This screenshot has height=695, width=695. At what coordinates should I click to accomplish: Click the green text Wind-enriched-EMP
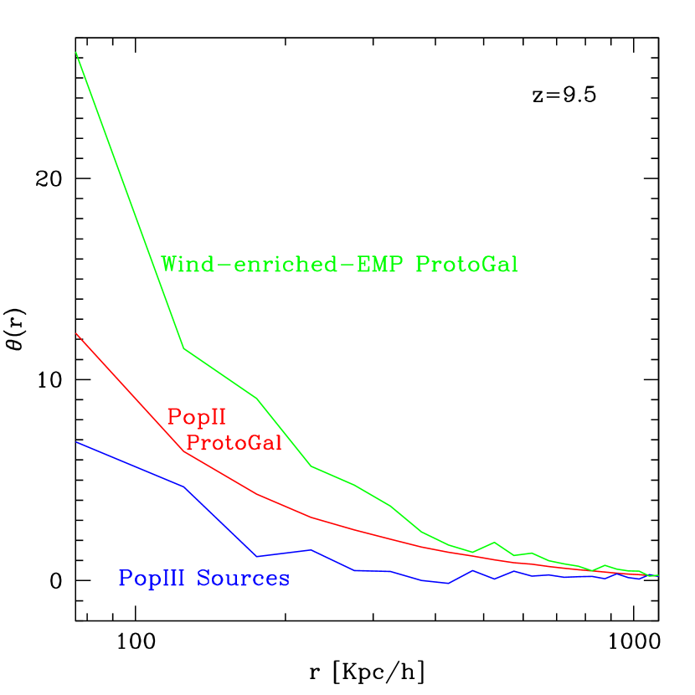tap(284, 265)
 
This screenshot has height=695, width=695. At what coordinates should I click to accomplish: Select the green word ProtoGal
tap(467, 265)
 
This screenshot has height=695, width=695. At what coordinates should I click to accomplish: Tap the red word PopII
tap(197, 417)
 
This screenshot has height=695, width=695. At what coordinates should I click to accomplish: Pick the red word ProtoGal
tap(234, 443)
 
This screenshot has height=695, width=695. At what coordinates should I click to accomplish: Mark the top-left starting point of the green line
tap(76, 52)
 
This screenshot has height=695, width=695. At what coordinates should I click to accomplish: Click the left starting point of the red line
tap(76, 333)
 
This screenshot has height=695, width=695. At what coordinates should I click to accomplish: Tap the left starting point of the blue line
tap(76, 441)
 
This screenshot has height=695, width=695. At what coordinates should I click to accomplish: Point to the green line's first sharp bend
tap(184, 348)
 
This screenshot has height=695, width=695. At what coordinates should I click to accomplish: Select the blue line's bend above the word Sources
tap(256, 556)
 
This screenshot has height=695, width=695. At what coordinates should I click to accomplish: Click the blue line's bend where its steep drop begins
tap(186, 486)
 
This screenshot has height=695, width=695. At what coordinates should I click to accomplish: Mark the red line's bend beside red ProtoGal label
tap(186, 452)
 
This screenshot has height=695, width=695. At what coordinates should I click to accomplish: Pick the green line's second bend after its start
tap(256, 398)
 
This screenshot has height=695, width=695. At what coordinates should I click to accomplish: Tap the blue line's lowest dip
tap(450, 583)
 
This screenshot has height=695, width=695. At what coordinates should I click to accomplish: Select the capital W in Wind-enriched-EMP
tap(171, 265)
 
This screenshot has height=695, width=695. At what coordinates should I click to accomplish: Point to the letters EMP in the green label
tap(381, 265)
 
